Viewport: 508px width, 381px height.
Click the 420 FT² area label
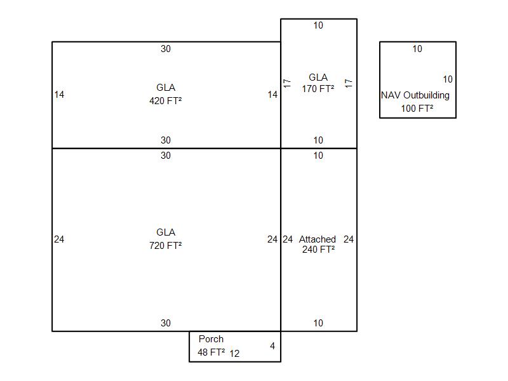[x=166, y=101]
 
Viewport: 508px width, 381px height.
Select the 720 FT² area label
[x=166, y=246]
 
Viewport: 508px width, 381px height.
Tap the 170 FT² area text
[x=318, y=88]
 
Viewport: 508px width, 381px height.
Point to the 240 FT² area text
[x=319, y=249]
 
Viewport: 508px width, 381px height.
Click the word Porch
[x=211, y=339]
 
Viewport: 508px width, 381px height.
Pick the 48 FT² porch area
[x=211, y=352]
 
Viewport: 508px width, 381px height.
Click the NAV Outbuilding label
[x=415, y=95]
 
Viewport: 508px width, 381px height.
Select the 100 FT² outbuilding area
[x=417, y=108]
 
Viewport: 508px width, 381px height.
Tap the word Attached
[x=317, y=239]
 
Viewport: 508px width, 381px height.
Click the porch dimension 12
[x=234, y=353]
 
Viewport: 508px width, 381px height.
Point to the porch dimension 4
[x=272, y=346]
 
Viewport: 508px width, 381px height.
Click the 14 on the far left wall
[x=59, y=95]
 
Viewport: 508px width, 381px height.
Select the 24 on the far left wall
[x=59, y=239]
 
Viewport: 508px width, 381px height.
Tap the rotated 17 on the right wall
[x=348, y=83]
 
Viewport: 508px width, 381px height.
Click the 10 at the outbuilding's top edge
[x=417, y=49]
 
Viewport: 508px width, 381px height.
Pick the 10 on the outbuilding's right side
[x=448, y=79]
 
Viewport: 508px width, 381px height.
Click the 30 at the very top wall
[x=166, y=49]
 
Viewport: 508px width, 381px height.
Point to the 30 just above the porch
[x=166, y=323]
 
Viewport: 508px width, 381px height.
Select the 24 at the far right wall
[x=349, y=239]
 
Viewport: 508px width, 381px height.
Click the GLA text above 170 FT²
[x=318, y=77]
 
